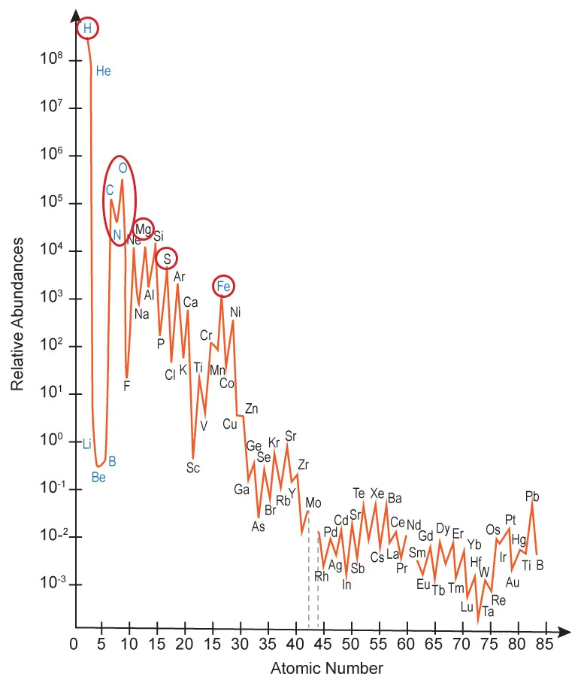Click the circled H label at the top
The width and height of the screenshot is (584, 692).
click(x=87, y=29)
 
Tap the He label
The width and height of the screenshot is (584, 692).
click(x=104, y=71)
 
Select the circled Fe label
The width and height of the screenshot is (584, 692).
click(x=223, y=287)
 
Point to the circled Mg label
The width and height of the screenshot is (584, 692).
click(x=144, y=229)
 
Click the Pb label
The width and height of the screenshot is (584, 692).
click(x=532, y=496)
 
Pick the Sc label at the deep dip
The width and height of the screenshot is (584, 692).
click(x=193, y=467)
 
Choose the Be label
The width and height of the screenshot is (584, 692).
click(x=98, y=476)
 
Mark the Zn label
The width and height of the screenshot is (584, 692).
click(x=252, y=408)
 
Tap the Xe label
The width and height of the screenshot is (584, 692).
click(x=377, y=493)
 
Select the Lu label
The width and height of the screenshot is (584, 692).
click(x=467, y=607)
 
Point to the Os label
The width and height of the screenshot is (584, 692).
click(x=493, y=530)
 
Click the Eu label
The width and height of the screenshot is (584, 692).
click(x=422, y=584)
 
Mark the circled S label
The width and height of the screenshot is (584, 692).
click(x=167, y=259)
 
